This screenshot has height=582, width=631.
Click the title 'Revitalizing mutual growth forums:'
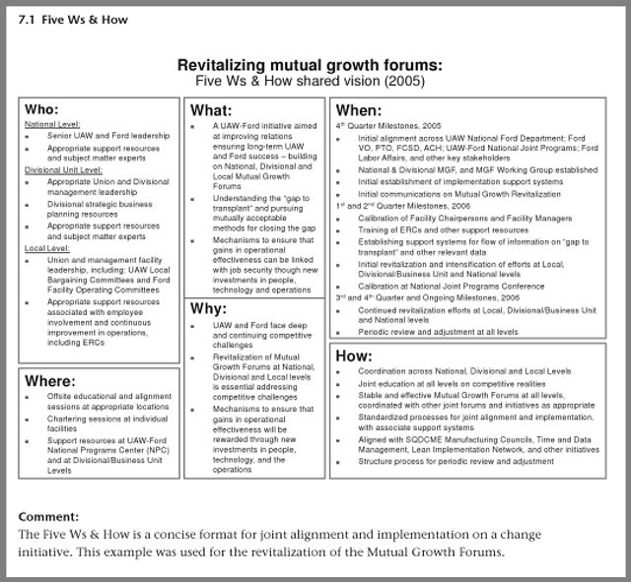click(x=310, y=65)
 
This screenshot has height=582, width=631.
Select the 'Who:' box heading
click(x=41, y=109)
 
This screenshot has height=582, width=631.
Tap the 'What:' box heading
click(x=211, y=109)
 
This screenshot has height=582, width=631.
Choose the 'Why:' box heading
click(x=208, y=308)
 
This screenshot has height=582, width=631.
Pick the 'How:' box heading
click(x=354, y=355)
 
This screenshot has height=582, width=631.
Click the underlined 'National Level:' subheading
click(x=53, y=125)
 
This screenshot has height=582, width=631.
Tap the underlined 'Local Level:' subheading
click(x=45, y=248)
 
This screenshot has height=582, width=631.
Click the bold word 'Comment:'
click(x=48, y=517)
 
